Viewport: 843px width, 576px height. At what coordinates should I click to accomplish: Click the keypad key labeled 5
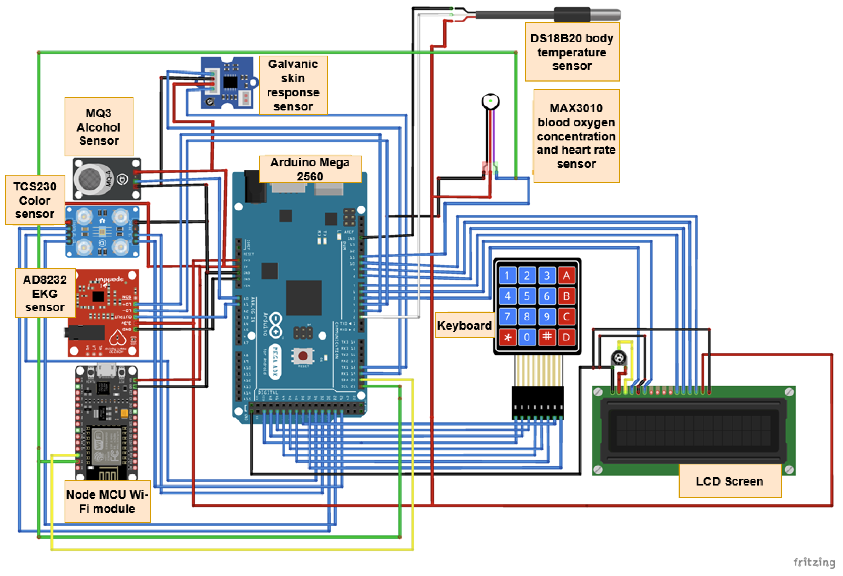(x=527, y=296)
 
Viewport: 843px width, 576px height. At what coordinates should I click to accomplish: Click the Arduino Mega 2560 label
(x=310, y=169)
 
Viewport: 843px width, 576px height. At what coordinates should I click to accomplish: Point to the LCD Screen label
(x=729, y=481)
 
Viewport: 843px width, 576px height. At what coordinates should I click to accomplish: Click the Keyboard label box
(x=464, y=325)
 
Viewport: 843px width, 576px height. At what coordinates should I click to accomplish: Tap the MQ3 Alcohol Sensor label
(x=99, y=127)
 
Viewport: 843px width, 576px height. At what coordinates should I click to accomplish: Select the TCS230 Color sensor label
(x=35, y=200)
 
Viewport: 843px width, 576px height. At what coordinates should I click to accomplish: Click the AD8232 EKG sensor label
(x=45, y=293)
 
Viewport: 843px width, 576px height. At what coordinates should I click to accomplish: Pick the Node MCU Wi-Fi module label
(x=107, y=502)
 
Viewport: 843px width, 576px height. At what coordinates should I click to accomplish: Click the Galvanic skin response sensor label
(x=293, y=85)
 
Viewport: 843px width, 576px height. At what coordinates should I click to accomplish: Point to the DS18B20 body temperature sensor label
(x=572, y=52)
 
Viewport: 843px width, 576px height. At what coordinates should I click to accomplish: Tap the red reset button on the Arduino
(x=303, y=356)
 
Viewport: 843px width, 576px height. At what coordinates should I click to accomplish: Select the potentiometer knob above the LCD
(x=619, y=358)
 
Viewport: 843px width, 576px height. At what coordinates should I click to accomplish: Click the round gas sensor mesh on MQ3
(x=90, y=179)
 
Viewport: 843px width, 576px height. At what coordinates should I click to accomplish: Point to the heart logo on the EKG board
(x=118, y=338)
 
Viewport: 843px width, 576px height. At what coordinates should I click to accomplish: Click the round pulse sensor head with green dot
(x=490, y=101)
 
